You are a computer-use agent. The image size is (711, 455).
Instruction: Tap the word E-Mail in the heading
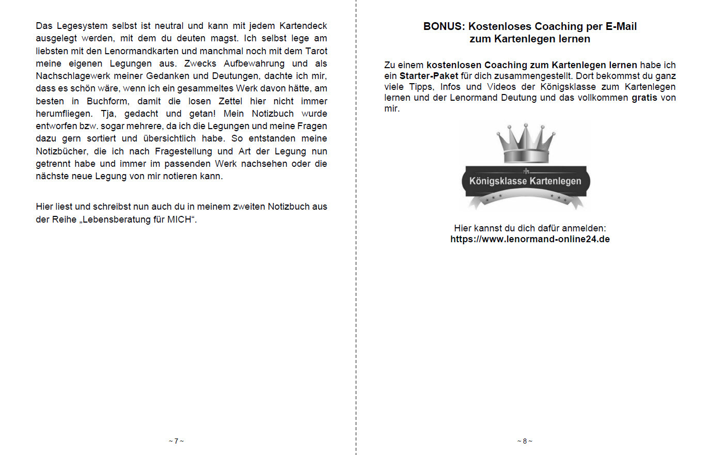[621, 26]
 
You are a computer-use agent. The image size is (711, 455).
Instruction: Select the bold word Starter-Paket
[429, 76]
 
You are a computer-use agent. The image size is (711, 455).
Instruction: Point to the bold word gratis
[644, 98]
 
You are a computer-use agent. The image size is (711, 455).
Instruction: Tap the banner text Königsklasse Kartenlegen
[525, 181]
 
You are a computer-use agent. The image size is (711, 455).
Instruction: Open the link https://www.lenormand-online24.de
[530, 239]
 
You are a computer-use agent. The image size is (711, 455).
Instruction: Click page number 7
[176, 441]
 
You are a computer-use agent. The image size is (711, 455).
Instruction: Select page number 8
[525, 441]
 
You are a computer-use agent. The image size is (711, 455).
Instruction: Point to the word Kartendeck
[303, 26]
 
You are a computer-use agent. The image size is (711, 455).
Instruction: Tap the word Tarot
[316, 51]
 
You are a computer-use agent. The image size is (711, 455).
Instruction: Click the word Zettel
[230, 101]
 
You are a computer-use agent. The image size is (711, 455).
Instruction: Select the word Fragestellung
[183, 151]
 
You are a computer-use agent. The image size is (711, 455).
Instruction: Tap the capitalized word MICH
[179, 219]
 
